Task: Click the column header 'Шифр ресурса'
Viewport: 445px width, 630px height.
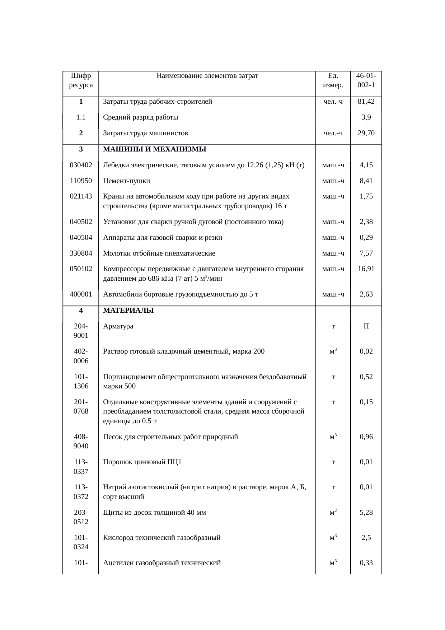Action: (81, 80)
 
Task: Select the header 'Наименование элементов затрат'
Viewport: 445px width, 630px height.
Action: (207, 76)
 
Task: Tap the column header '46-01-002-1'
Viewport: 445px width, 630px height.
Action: (366, 80)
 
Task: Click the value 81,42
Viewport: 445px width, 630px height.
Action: (366, 102)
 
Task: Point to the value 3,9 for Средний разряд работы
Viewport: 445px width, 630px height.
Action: (366, 117)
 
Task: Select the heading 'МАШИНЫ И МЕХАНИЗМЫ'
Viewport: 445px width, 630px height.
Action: (154, 149)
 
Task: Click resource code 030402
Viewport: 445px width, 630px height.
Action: (81, 165)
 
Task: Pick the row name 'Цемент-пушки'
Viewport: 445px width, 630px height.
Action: (126, 181)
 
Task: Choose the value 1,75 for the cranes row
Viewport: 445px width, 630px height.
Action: (366, 196)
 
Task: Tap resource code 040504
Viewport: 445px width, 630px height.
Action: (81, 238)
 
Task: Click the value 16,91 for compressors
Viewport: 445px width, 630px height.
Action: (366, 269)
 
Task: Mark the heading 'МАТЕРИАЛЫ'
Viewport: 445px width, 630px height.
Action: (128, 311)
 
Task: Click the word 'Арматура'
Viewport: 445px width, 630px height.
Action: (118, 326)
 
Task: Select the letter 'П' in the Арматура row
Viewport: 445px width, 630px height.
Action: (366, 326)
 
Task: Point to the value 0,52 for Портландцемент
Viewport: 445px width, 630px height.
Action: (366, 377)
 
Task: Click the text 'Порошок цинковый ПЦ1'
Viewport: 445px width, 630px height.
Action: (142, 462)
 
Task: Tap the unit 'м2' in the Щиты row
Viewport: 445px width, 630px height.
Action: (333, 513)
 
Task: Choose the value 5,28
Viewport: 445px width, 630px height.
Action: (366, 513)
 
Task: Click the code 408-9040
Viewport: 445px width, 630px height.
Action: (81, 442)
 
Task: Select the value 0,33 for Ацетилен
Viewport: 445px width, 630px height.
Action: (366, 563)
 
